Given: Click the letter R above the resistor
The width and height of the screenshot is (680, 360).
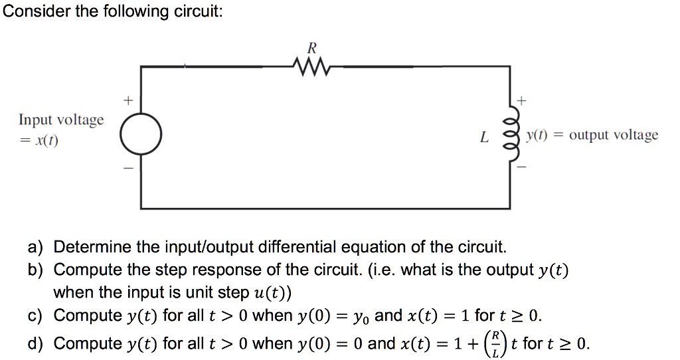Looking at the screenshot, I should (x=311, y=47).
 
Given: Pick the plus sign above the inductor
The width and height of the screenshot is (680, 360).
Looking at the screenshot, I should (x=521, y=101).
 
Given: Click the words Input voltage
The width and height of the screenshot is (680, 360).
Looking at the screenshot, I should (x=61, y=120).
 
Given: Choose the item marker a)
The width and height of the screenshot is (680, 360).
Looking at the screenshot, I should (x=35, y=248).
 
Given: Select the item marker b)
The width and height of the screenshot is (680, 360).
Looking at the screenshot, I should (x=35, y=270).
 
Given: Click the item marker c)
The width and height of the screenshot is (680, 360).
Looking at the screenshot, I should (x=35, y=315).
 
